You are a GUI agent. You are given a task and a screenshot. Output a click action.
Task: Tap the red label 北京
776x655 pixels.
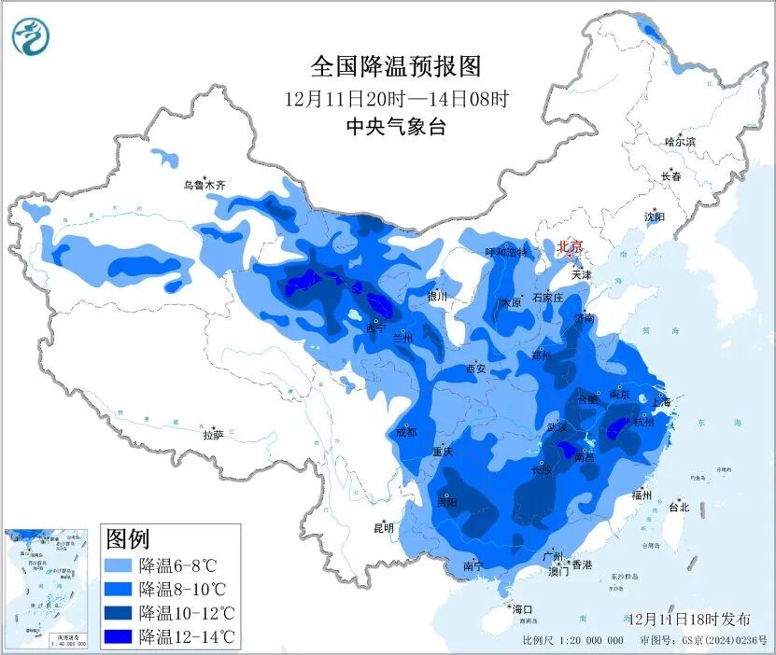tap(569, 246)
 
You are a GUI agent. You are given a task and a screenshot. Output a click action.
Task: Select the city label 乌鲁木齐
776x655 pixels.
tap(204, 186)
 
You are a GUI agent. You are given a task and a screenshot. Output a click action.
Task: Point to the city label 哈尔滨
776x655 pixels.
tap(680, 142)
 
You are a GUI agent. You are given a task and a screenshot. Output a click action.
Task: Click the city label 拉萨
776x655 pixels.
tap(213, 434)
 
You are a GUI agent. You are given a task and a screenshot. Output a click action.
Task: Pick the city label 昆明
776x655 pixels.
tap(384, 527)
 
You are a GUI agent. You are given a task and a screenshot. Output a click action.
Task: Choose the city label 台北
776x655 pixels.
tap(679, 508)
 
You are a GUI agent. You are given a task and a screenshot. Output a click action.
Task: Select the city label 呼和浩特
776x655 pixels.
tap(506, 252)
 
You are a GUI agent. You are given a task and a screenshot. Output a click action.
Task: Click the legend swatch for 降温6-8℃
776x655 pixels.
tap(119, 565)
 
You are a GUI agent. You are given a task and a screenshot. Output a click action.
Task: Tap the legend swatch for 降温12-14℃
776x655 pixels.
tap(119, 637)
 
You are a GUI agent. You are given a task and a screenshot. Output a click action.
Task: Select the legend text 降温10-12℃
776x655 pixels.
tap(186, 613)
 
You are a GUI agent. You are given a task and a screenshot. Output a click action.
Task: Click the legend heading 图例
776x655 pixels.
tap(128, 538)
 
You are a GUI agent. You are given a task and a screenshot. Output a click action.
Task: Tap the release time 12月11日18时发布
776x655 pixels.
tap(688, 619)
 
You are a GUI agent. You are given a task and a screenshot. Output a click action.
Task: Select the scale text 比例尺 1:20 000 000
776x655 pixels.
tap(572, 641)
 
